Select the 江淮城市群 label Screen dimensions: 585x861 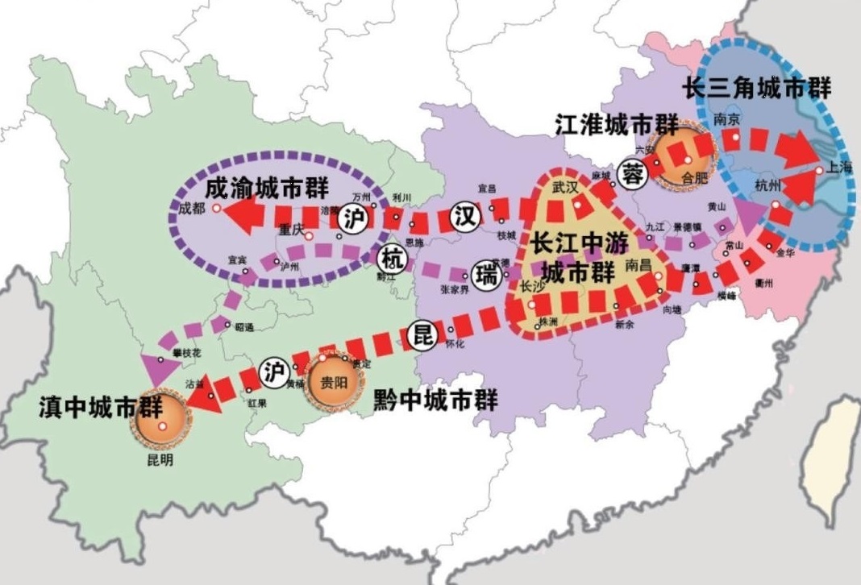click(x=617, y=125)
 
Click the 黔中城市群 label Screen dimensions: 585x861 click(x=436, y=399)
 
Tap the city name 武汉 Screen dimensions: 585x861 click(x=566, y=186)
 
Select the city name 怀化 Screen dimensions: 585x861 click(x=455, y=344)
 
